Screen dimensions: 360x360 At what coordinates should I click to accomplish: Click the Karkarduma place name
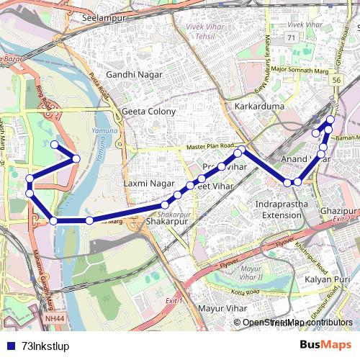[259, 107]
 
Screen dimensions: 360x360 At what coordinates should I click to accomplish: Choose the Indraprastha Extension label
[281, 210]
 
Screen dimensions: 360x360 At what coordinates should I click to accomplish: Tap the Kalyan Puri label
[327, 279]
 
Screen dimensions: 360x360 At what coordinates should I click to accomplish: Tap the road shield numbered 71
[292, 37]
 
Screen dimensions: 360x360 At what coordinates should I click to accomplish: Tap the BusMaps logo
[325, 344]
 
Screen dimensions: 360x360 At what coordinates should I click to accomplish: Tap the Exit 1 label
[175, 300]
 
